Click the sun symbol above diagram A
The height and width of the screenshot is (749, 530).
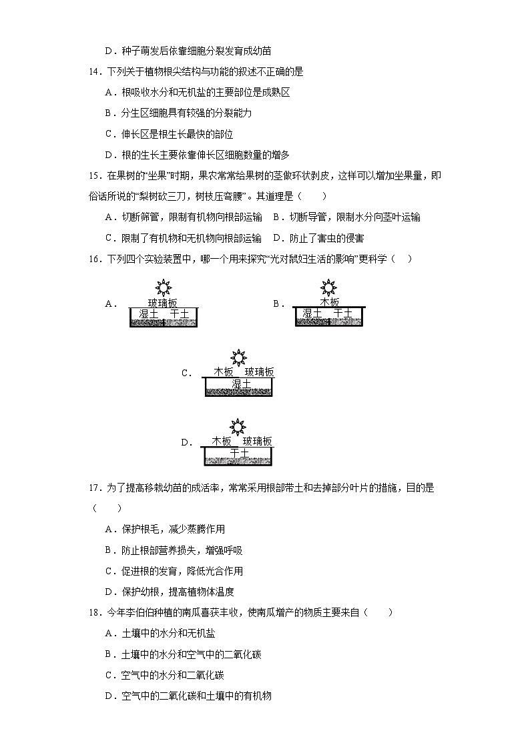[x=163, y=287]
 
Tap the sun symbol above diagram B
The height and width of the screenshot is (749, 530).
[x=328, y=287]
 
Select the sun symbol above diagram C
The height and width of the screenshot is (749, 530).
[x=238, y=357]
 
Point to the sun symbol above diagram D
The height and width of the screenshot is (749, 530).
[x=238, y=426]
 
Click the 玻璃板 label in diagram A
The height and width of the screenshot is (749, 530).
[x=163, y=302]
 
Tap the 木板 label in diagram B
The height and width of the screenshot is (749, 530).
[x=329, y=302]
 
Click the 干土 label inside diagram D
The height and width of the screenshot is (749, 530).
[x=238, y=453]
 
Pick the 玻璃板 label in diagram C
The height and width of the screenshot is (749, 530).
[x=259, y=372]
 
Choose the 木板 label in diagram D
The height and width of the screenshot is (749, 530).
[x=222, y=441]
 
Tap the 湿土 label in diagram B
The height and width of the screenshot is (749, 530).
[x=312, y=313]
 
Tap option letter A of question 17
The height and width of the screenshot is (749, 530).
[x=109, y=529]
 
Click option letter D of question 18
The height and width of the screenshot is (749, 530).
[x=109, y=696]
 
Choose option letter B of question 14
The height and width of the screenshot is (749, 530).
[x=109, y=113]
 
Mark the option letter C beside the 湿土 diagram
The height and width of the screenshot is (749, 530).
[x=186, y=373]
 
